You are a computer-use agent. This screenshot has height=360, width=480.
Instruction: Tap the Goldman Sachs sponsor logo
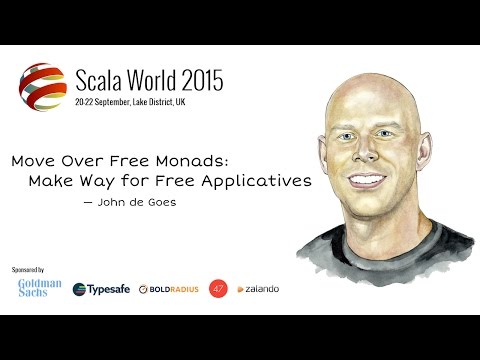click(40, 288)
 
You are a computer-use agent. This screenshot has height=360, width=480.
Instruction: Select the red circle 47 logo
click(218, 288)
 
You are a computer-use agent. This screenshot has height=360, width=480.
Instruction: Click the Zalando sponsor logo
click(258, 289)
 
